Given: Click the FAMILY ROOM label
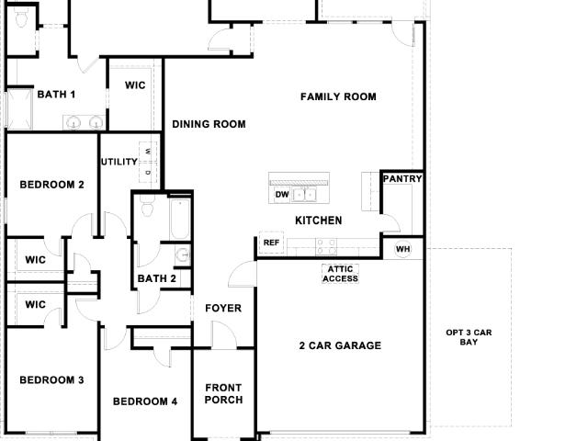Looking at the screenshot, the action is tap(338, 96).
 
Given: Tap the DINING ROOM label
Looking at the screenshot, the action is tap(209, 124).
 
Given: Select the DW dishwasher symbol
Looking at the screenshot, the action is tap(282, 195).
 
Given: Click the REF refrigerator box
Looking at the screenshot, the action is tap(271, 243).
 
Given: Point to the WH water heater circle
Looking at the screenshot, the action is tap(402, 249).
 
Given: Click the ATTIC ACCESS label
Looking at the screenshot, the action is tap(341, 274).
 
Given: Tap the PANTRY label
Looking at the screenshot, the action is tap(402, 179).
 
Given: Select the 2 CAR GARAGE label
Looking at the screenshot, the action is tap(340, 345).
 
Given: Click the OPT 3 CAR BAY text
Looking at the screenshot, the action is tap(469, 337).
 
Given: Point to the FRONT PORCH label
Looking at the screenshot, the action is tap(224, 394).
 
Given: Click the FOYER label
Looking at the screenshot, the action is tap(223, 309).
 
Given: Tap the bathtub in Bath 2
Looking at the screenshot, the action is tap(180, 219).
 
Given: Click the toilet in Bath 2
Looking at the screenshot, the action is tap(147, 206).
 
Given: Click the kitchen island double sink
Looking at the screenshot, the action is tap(304, 195).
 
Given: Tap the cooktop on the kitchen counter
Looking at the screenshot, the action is tap(326, 247).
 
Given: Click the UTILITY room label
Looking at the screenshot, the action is tap(119, 162).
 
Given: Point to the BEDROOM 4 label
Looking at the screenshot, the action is tap(145, 401).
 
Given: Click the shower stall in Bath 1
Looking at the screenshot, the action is tap(20, 109).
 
